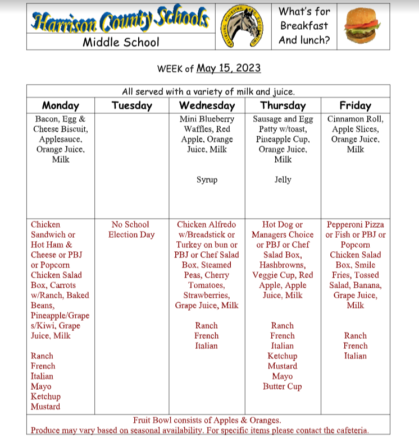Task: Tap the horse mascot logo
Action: [x=243, y=26]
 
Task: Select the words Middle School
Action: [x=121, y=42]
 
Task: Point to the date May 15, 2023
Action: [x=229, y=68]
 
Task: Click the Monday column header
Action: [x=61, y=105]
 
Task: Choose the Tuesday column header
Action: [x=132, y=105]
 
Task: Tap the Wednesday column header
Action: [x=207, y=105]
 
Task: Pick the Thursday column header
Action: [x=283, y=105]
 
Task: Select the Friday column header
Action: [x=355, y=105]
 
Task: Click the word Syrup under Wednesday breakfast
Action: [x=207, y=180]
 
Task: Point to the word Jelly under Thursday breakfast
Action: [x=283, y=180]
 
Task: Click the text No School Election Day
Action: [x=131, y=229]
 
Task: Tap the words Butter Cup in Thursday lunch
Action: [x=282, y=386]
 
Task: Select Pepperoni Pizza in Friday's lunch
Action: [x=356, y=224]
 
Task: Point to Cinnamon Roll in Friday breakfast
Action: [x=356, y=119]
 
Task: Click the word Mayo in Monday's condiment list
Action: [x=41, y=386]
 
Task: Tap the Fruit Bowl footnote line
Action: [x=207, y=420]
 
